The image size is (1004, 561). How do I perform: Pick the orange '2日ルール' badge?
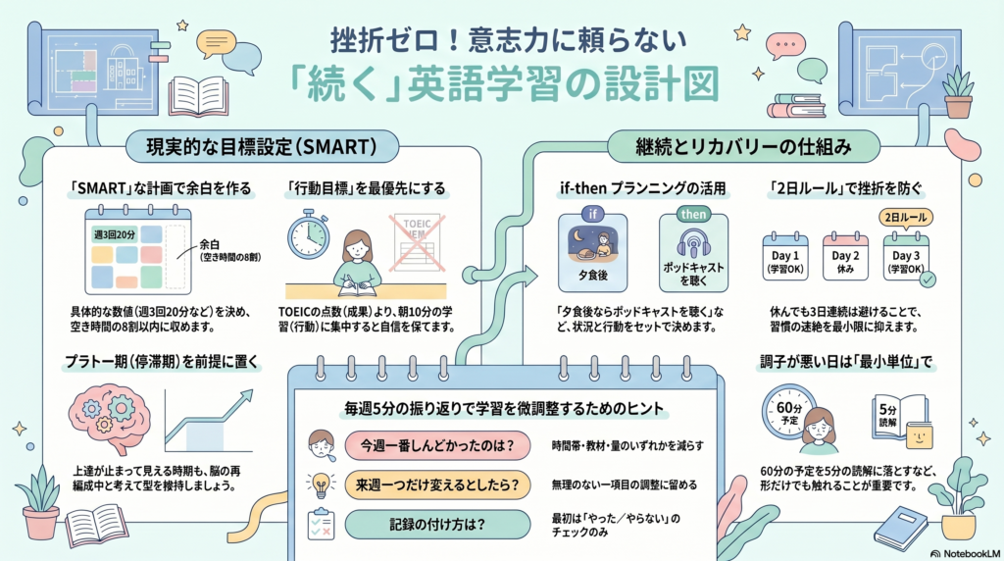(x=907, y=217)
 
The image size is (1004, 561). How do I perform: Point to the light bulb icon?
(x=320, y=484)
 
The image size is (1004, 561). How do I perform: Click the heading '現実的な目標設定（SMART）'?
(x=264, y=148)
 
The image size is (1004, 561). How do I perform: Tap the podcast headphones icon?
(x=694, y=244)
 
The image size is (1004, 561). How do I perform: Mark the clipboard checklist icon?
(x=321, y=524)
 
